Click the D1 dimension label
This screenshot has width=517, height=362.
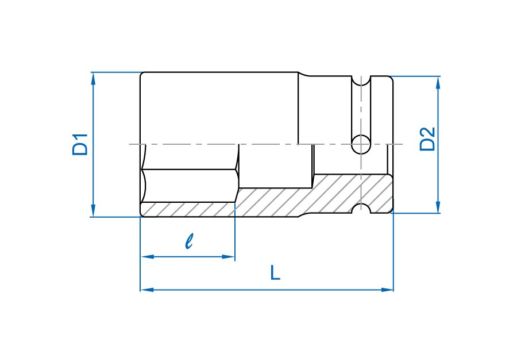(x=80, y=144)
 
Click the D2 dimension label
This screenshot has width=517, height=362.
(x=427, y=139)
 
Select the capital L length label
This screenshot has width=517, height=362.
(x=275, y=273)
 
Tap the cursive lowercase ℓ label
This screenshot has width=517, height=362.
(x=189, y=241)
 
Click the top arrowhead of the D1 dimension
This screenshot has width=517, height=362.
(x=93, y=79)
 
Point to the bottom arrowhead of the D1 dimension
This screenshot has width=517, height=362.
(x=93, y=210)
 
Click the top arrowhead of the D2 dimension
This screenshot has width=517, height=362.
(x=438, y=83)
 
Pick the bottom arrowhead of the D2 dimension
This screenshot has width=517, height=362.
(x=438, y=207)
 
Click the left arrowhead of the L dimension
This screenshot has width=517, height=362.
(x=147, y=290)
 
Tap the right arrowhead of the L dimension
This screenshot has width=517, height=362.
(x=387, y=290)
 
